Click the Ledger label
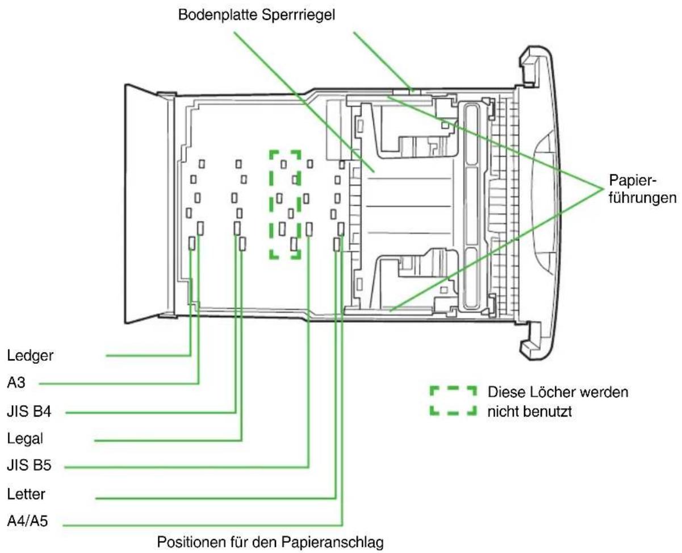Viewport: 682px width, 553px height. click(x=30, y=356)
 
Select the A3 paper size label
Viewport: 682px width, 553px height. click(x=16, y=382)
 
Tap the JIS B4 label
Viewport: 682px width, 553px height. click(x=29, y=411)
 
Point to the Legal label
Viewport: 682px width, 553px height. click(x=25, y=439)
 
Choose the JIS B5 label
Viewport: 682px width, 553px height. click(x=29, y=465)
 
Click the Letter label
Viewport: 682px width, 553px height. click(x=26, y=494)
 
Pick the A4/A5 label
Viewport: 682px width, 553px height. click(x=27, y=521)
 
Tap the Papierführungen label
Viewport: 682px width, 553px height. click(x=642, y=189)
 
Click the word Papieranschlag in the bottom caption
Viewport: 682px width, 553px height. click(x=332, y=542)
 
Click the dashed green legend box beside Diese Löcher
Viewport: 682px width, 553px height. click(x=453, y=401)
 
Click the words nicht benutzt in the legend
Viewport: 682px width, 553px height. click(x=530, y=411)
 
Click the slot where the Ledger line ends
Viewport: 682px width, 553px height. click(x=192, y=243)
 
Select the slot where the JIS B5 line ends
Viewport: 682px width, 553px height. click(x=309, y=229)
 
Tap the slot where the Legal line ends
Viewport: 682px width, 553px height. click(x=242, y=243)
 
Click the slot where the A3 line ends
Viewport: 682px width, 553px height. click(x=200, y=228)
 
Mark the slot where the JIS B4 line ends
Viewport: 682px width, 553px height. click(x=237, y=228)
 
